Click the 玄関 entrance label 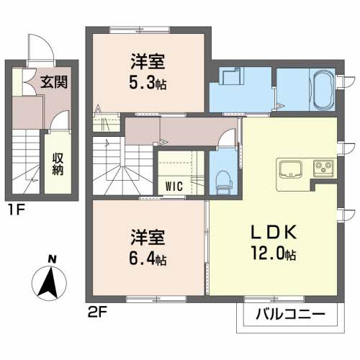(x=54, y=82)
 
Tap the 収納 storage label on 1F (x=58, y=164)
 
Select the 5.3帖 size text (x=148, y=84)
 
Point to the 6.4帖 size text (x=148, y=259)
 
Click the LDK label (x=274, y=233)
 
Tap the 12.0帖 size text (x=274, y=254)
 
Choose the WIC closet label (x=174, y=186)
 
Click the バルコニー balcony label (x=290, y=314)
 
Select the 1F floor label (x=17, y=210)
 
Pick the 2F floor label (x=97, y=312)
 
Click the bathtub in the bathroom (x=323, y=90)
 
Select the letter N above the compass (x=52, y=259)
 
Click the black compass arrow (x=49, y=282)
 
